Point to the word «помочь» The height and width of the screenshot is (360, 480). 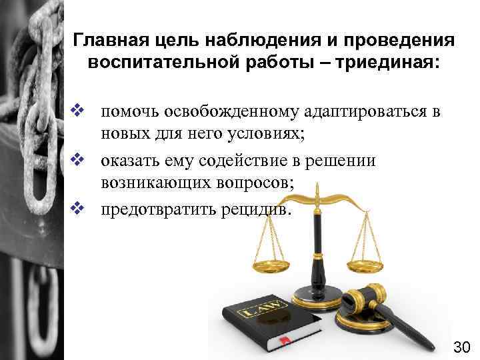(x=129, y=111)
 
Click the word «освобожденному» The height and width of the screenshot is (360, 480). (x=229, y=111)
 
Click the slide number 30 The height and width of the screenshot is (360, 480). (x=462, y=347)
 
